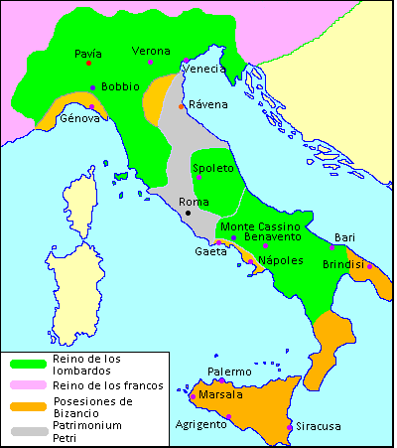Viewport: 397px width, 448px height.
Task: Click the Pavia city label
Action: coord(89,54)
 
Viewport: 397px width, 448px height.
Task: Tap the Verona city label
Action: coord(152,51)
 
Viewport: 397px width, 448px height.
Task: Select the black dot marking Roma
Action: coord(188,213)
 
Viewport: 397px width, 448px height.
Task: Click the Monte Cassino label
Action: coord(258,226)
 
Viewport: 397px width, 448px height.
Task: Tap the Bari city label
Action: coord(344,237)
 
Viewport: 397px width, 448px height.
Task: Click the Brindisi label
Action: coord(343,264)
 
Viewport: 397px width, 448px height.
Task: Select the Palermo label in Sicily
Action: coord(229,372)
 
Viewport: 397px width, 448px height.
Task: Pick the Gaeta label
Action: coord(209,251)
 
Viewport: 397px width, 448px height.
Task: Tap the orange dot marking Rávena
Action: coord(181,106)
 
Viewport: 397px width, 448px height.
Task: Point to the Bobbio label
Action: coord(120,86)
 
